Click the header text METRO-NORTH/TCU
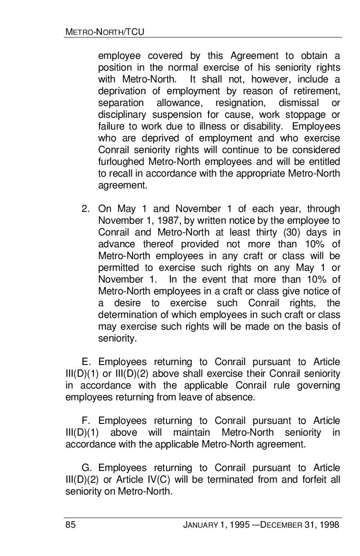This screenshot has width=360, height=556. (105, 32)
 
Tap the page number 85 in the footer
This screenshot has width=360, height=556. (70, 525)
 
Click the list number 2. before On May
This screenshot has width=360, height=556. (86, 209)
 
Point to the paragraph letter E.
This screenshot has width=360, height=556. (86, 362)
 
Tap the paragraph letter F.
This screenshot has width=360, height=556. (86, 421)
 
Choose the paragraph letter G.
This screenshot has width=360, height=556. (86, 468)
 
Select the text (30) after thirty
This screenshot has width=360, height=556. (291, 232)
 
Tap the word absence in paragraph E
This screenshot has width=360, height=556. (237, 397)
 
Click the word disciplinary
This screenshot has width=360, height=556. (122, 115)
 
